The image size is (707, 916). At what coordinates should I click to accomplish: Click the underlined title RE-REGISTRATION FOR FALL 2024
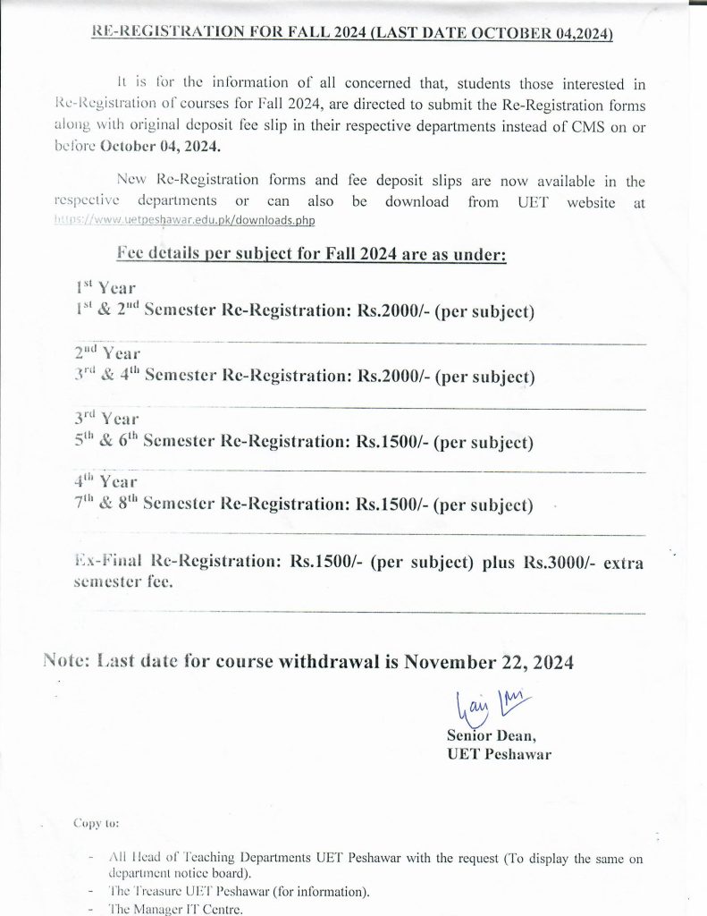pyautogui.click(x=353, y=34)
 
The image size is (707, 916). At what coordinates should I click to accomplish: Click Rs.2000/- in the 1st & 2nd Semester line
pyautogui.click(x=393, y=311)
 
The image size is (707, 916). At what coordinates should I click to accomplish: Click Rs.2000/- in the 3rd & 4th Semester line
pyautogui.click(x=393, y=376)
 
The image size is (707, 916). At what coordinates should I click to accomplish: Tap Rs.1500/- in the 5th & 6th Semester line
pyautogui.click(x=392, y=440)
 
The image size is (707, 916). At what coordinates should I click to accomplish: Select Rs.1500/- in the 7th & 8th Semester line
pyautogui.click(x=392, y=505)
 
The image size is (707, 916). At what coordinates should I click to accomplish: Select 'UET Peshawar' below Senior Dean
pyautogui.click(x=498, y=754)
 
